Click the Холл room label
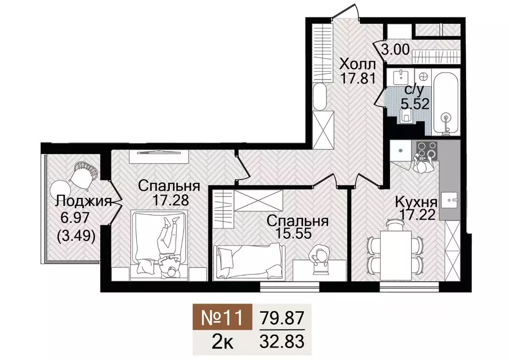click(x=357, y=64)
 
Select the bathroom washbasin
click(x=400, y=78)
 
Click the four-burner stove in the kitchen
click(x=425, y=149)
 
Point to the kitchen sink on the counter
click(x=452, y=200)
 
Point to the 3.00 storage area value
click(x=396, y=50)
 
